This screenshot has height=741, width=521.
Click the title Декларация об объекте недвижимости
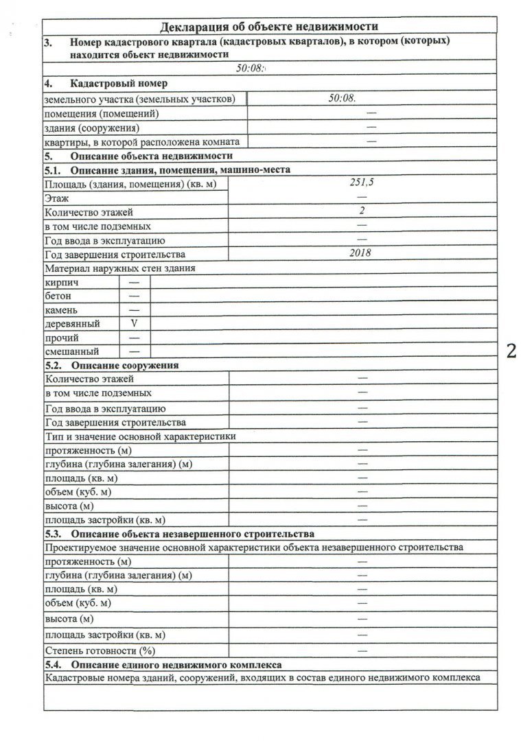coord(269,27)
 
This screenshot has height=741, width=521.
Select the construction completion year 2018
coord(360,252)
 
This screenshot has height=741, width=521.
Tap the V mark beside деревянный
coord(135,323)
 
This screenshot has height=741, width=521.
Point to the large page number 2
coord(511,351)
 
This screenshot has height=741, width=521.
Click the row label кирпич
coord(61,282)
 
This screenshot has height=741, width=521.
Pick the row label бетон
coord(58,296)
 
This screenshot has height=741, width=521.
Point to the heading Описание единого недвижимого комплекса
coord(174,664)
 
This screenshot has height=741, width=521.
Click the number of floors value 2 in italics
coord(361,211)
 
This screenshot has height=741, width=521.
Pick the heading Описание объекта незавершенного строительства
coord(192,533)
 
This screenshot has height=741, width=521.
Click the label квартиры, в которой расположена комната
coord(141,141)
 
